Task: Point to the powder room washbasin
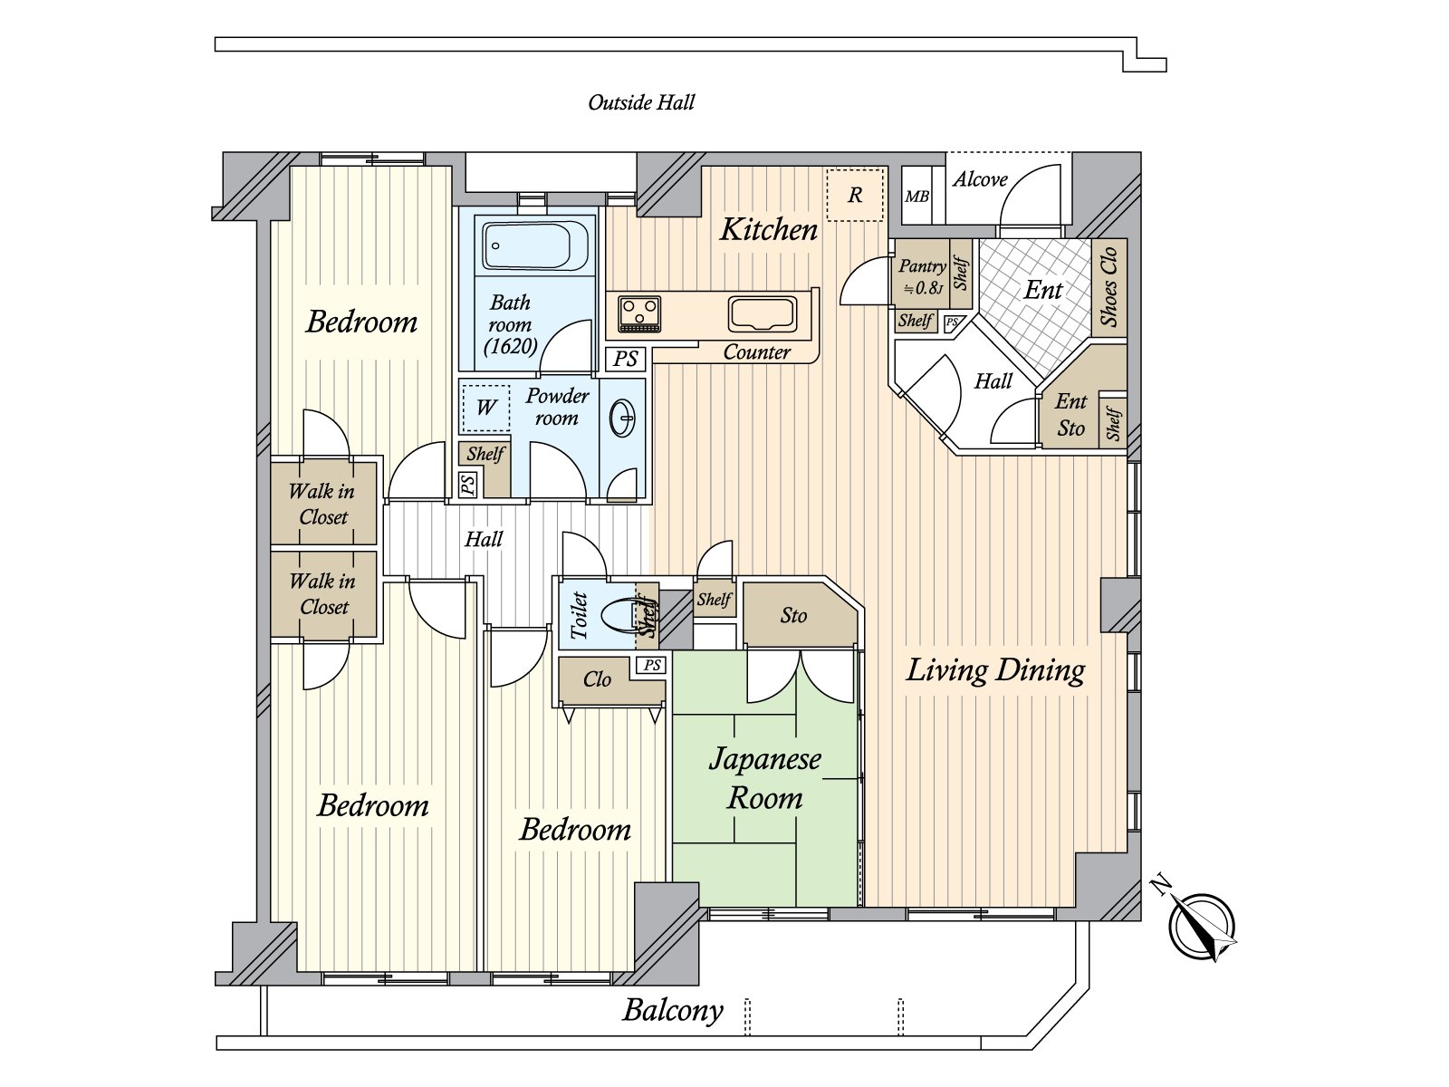coord(623,418)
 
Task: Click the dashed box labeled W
coord(486,408)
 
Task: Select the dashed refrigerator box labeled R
coord(855,195)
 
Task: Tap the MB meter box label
coord(916,197)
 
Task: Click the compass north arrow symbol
coord(1201,924)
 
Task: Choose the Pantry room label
coord(921,266)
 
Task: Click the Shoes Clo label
coord(1108,286)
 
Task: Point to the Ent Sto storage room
coord(1070,415)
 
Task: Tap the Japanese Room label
coord(765,778)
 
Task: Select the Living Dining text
coord(995,670)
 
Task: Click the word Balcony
coord(673,1010)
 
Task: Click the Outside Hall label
coord(641,102)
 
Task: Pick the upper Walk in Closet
coord(323,504)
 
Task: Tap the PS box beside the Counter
coord(626,359)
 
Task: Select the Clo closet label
coord(597,679)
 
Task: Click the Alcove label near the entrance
coord(980,179)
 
